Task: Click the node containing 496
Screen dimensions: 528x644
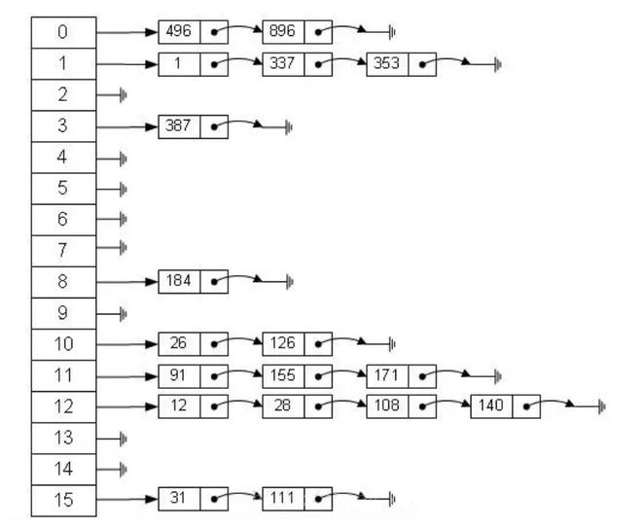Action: pyautogui.click(x=179, y=32)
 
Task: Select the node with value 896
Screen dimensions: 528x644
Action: pyautogui.click(x=283, y=32)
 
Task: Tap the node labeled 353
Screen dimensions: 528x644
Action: pyautogui.click(x=387, y=65)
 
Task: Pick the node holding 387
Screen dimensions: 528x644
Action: pyautogui.click(x=179, y=126)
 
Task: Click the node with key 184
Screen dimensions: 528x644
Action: pyautogui.click(x=179, y=282)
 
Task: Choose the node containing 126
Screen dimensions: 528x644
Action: pyautogui.click(x=283, y=343)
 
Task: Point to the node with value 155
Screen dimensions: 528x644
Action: pyautogui.click(x=283, y=375)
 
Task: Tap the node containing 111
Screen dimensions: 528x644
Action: pyautogui.click(x=283, y=498)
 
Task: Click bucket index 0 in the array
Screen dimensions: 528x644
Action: pyautogui.click(x=63, y=32)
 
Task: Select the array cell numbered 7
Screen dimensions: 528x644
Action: pyautogui.click(x=63, y=251)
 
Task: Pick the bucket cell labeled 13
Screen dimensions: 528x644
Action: pyautogui.click(x=63, y=438)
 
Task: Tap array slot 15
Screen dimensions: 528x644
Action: pyautogui.click(x=63, y=501)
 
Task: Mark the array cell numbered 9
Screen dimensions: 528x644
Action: pyautogui.click(x=63, y=313)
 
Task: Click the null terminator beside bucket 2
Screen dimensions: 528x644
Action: pyautogui.click(x=124, y=95)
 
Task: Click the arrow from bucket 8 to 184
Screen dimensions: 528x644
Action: pyautogui.click(x=127, y=282)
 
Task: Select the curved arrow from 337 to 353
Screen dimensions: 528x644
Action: pyautogui.click(x=348, y=62)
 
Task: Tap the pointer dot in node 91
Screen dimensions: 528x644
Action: pyautogui.click(x=214, y=375)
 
